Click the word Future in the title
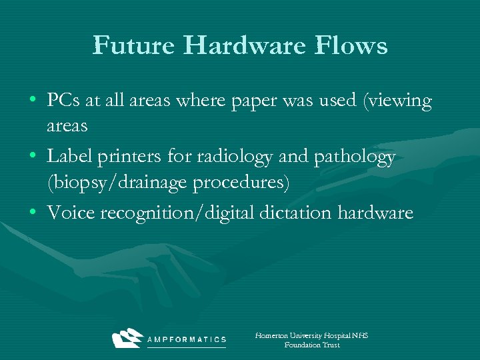coord(133,45)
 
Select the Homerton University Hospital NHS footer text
coord(311,336)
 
